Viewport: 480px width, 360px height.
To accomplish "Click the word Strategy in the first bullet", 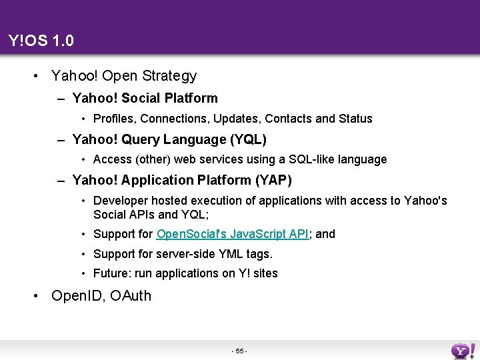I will (x=169, y=77).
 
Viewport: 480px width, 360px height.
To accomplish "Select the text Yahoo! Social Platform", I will (x=145, y=98).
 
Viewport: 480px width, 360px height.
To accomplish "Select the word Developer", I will (x=119, y=201).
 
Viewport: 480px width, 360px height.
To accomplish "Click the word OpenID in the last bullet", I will (x=75, y=295).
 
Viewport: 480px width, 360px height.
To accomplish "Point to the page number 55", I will (x=239, y=350).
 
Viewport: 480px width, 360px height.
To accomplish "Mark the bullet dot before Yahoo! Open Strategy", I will (x=35, y=77).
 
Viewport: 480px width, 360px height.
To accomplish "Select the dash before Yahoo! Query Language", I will (x=61, y=140).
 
